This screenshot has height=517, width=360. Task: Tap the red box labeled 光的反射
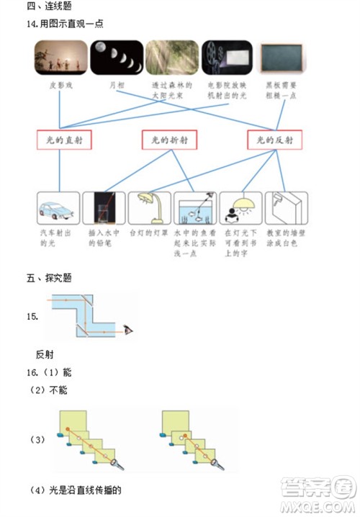[274, 140]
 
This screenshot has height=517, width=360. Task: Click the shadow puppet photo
[60, 58]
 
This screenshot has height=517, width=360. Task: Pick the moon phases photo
[116, 58]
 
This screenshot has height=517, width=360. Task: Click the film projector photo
[226, 58]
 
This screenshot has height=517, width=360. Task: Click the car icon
[58, 209]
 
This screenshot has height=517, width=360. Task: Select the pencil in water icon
[104, 209]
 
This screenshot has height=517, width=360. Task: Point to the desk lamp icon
[149, 209]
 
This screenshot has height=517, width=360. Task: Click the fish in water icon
[195, 209]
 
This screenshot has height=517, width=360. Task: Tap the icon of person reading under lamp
[240, 209]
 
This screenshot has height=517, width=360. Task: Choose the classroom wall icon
[286, 209]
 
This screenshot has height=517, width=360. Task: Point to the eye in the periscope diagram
[129, 329]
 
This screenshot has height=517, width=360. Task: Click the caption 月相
[116, 85]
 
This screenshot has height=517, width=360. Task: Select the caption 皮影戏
[60, 85]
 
